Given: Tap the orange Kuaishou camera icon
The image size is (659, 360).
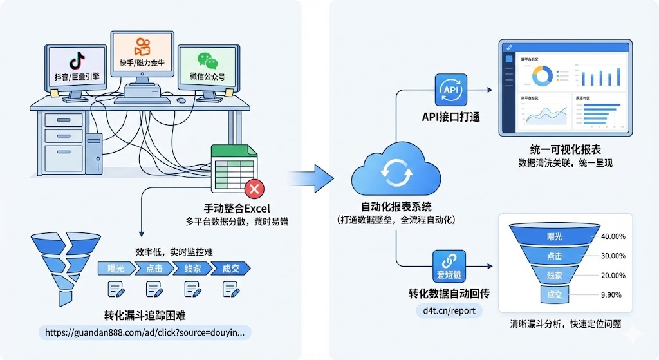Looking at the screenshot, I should [x=142, y=47].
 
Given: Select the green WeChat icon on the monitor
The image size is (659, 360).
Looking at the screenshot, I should [x=207, y=61].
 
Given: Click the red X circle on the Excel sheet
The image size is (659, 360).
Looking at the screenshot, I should [x=254, y=189].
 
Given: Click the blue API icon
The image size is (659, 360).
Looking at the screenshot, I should [x=450, y=90].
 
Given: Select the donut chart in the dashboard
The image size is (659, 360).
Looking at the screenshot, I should [x=542, y=77].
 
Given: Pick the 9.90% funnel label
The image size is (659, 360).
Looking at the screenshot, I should [x=611, y=294].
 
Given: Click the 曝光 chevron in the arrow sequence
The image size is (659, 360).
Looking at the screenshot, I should [x=115, y=269].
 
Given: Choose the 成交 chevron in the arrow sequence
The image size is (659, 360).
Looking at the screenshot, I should [x=230, y=269].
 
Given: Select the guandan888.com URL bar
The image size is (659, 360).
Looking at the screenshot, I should [x=145, y=332].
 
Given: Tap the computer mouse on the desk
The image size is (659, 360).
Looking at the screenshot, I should [x=181, y=100].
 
